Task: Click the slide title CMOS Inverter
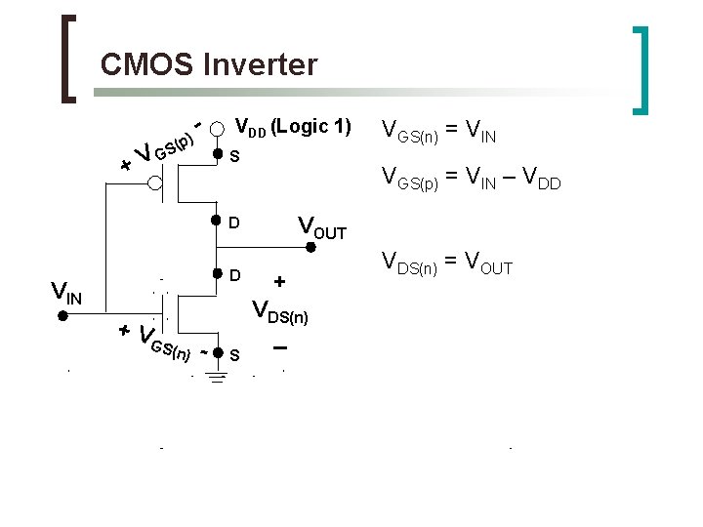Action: coord(209,65)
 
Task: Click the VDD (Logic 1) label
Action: coord(294,126)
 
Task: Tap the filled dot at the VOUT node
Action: coord(310,247)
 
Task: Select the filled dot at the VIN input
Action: coord(60,316)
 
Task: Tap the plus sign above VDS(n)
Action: coord(280,282)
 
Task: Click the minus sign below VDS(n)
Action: coord(280,348)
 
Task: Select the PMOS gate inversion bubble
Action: coord(156,182)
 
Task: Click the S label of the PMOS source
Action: coord(233,156)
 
